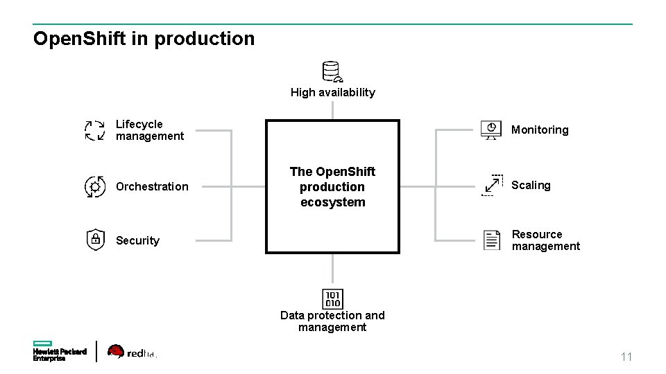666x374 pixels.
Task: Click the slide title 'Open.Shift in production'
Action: pyautogui.click(x=144, y=39)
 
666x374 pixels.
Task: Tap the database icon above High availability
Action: pyautogui.click(x=332, y=71)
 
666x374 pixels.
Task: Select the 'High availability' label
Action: pyautogui.click(x=332, y=92)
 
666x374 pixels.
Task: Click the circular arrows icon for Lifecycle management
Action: pyautogui.click(x=95, y=130)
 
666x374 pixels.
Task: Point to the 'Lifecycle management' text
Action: pyautogui.click(x=149, y=130)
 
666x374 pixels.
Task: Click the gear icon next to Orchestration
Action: pyautogui.click(x=95, y=186)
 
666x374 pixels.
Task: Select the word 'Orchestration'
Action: pyautogui.click(x=152, y=186)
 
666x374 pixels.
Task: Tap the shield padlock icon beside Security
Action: pyautogui.click(x=95, y=240)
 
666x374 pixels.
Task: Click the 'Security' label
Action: pyautogui.click(x=137, y=240)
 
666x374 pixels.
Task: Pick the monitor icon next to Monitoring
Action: pyautogui.click(x=491, y=130)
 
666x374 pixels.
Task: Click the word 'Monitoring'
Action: pyautogui.click(x=540, y=130)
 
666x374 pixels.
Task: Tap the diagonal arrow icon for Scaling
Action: pyautogui.click(x=493, y=185)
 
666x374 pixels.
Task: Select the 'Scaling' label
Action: pyautogui.click(x=531, y=185)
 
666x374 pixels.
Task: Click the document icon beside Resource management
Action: pyautogui.click(x=492, y=240)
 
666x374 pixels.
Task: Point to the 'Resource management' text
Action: pyautogui.click(x=545, y=240)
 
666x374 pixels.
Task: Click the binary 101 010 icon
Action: pyautogui.click(x=332, y=299)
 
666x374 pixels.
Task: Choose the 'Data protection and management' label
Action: pyautogui.click(x=332, y=321)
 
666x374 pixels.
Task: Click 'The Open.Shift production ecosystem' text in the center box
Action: pyautogui.click(x=332, y=187)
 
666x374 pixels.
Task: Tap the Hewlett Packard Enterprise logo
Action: pyautogui.click(x=60, y=351)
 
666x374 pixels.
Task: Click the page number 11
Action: pyautogui.click(x=626, y=357)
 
